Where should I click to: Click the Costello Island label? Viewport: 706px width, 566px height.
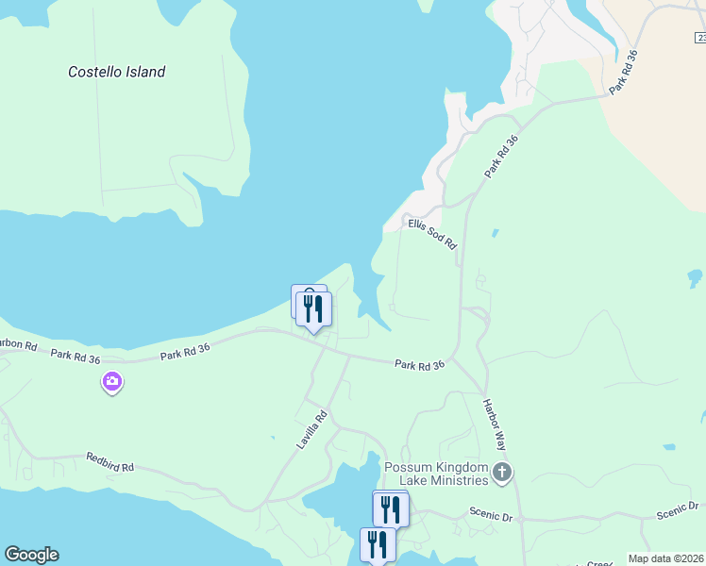click(117, 72)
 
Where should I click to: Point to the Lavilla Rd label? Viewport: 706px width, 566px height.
click(312, 429)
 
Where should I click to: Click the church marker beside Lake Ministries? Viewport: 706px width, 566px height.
click(502, 472)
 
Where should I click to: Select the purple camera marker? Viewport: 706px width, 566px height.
click(112, 382)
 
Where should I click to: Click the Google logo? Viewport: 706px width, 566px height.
click(31, 555)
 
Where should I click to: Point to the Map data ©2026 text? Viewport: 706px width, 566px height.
click(665, 558)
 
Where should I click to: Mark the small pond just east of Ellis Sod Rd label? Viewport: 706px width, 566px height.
click(495, 232)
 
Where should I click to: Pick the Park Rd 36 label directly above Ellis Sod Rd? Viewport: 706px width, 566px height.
click(502, 157)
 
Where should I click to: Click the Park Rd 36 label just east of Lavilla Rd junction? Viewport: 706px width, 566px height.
click(419, 364)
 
